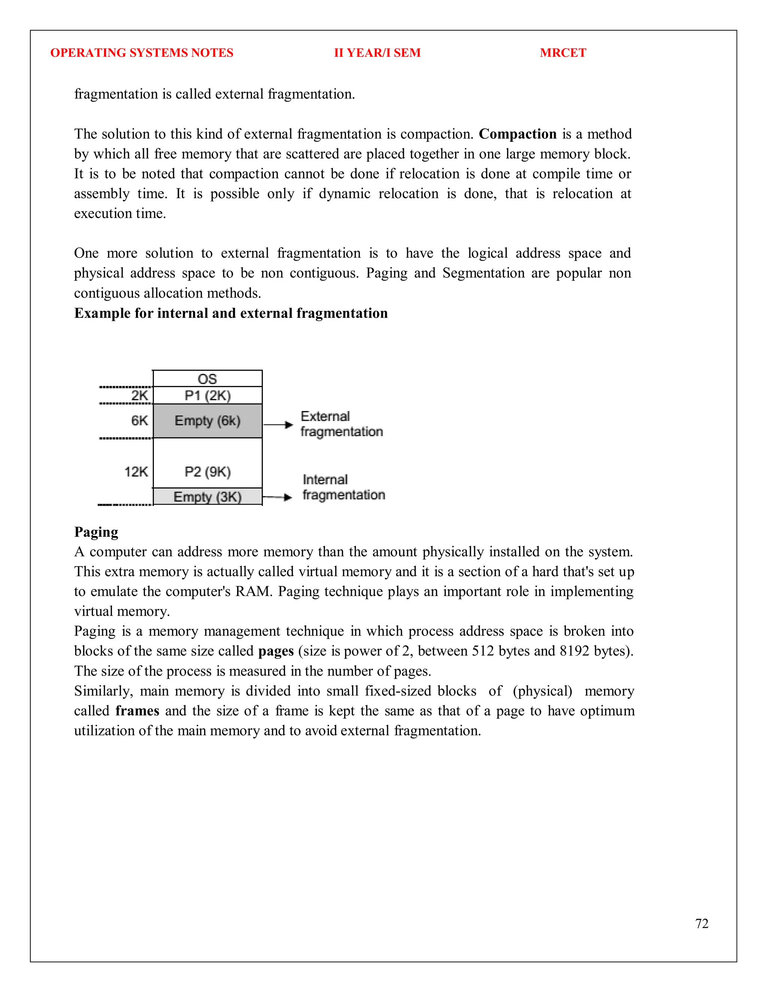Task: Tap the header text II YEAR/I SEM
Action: click(x=377, y=53)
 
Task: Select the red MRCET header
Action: click(x=563, y=53)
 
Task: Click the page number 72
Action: click(x=701, y=923)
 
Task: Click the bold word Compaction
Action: click(x=518, y=134)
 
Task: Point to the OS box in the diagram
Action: click(x=207, y=379)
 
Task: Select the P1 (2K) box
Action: click(x=207, y=396)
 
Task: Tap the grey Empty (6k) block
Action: click(x=207, y=421)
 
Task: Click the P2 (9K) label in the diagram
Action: click(x=207, y=472)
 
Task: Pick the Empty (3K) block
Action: click(x=207, y=496)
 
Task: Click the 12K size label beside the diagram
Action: click(x=136, y=472)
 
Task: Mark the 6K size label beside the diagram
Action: click(x=139, y=421)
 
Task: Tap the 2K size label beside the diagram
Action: click(x=139, y=396)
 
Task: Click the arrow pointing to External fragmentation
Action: click(x=278, y=425)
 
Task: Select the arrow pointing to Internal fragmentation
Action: click(x=277, y=497)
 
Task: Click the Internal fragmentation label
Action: click(x=343, y=487)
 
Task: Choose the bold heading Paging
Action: click(x=96, y=532)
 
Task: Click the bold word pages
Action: click(x=276, y=651)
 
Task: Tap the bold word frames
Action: click(x=137, y=711)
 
